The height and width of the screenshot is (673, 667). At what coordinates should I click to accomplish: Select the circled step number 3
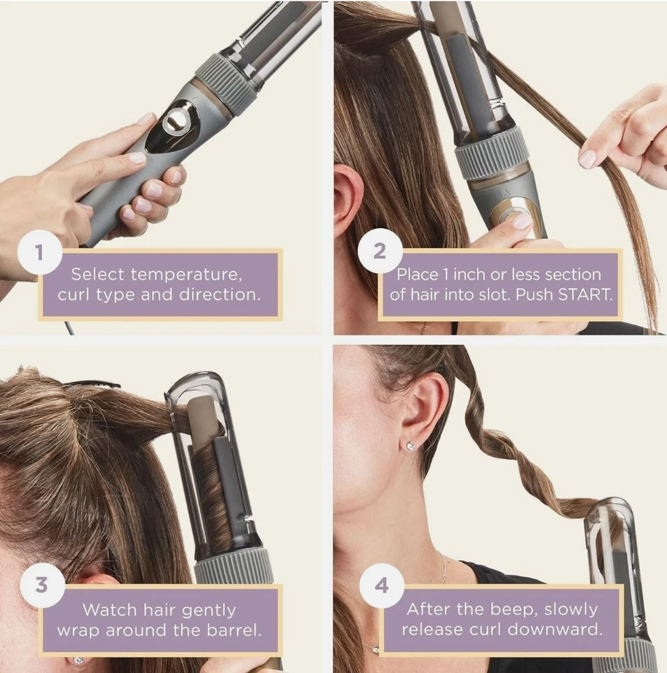coord(41,585)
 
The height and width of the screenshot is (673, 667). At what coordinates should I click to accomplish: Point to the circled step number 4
coord(382,585)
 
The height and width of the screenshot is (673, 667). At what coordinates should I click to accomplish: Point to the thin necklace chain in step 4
coord(443,568)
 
